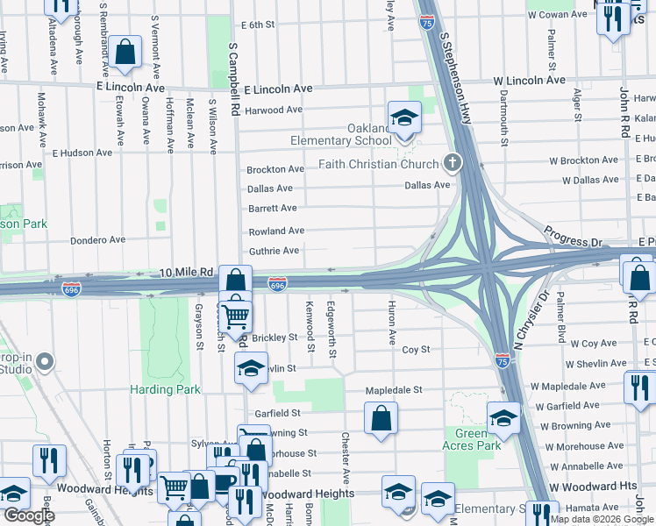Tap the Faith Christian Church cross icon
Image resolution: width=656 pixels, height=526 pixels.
pos(453,161)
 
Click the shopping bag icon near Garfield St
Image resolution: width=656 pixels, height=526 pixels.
pos(381,419)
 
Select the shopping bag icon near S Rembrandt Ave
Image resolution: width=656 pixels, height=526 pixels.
pos(126,53)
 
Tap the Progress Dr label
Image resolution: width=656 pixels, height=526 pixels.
pos(574,236)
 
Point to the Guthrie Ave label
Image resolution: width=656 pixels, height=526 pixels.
pos(275,251)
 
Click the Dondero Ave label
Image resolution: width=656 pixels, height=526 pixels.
pos(98,239)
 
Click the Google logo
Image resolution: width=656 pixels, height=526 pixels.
pos(29,515)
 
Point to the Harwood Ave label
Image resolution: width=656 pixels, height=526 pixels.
pos(274,110)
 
